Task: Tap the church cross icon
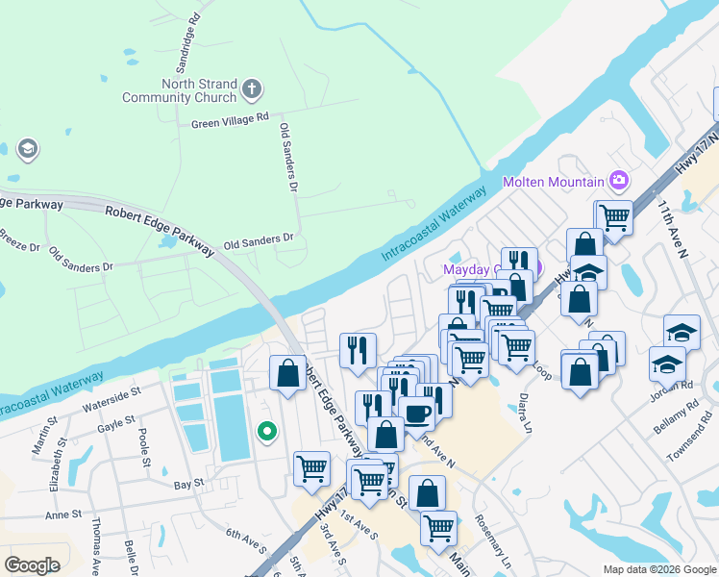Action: tap(252, 90)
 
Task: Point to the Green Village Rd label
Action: tap(230, 121)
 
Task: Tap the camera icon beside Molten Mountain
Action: tap(619, 180)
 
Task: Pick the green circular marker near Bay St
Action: tap(267, 433)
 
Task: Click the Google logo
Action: tap(32, 564)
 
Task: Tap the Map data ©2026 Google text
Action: tap(658, 568)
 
